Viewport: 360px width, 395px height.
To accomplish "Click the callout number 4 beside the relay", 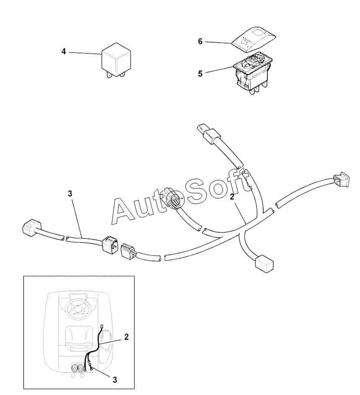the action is coord(64,52).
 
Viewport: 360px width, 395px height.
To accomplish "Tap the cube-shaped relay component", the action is coord(116,60).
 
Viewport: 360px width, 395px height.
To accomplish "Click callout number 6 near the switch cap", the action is coord(200,41).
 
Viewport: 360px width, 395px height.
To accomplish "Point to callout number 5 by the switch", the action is coord(200,74).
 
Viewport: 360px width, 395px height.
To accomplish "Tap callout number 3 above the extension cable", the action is coord(70,194).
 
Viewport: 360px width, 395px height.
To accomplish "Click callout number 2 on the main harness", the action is coord(232,197).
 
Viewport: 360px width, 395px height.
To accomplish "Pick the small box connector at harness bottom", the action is coord(264,263).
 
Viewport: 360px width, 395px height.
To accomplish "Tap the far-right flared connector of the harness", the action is coord(341,180).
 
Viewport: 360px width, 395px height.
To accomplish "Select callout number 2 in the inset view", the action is coord(126,337).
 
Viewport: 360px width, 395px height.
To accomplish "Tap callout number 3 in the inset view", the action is coord(115,380).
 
